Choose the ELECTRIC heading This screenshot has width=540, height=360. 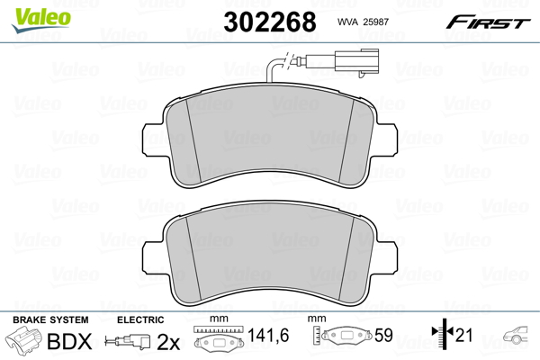point(140,319)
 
